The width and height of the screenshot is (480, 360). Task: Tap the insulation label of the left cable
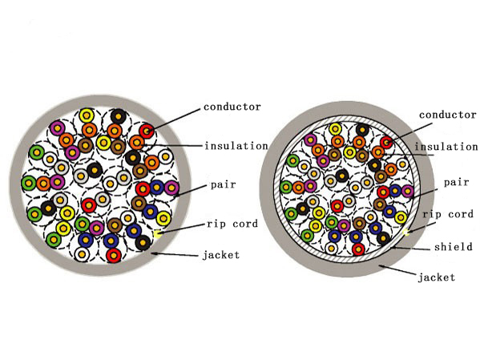click(x=236, y=146)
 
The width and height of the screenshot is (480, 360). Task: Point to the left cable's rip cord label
click(x=232, y=224)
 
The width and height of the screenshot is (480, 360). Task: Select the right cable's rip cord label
click(x=446, y=214)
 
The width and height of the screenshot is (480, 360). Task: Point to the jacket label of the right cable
click(x=437, y=277)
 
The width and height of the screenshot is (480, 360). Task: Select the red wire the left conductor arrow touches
click(x=146, y=130)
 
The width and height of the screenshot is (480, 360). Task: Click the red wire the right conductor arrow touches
click(x=387, y=142)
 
